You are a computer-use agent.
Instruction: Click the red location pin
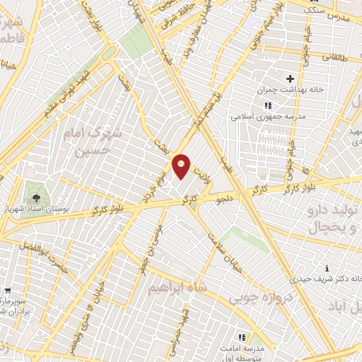182,165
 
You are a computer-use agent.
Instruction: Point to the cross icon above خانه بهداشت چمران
289,79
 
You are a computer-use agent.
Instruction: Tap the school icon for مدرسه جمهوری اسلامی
267,105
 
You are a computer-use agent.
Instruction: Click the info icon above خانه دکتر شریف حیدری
327,269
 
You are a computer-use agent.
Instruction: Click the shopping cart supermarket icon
6,290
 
